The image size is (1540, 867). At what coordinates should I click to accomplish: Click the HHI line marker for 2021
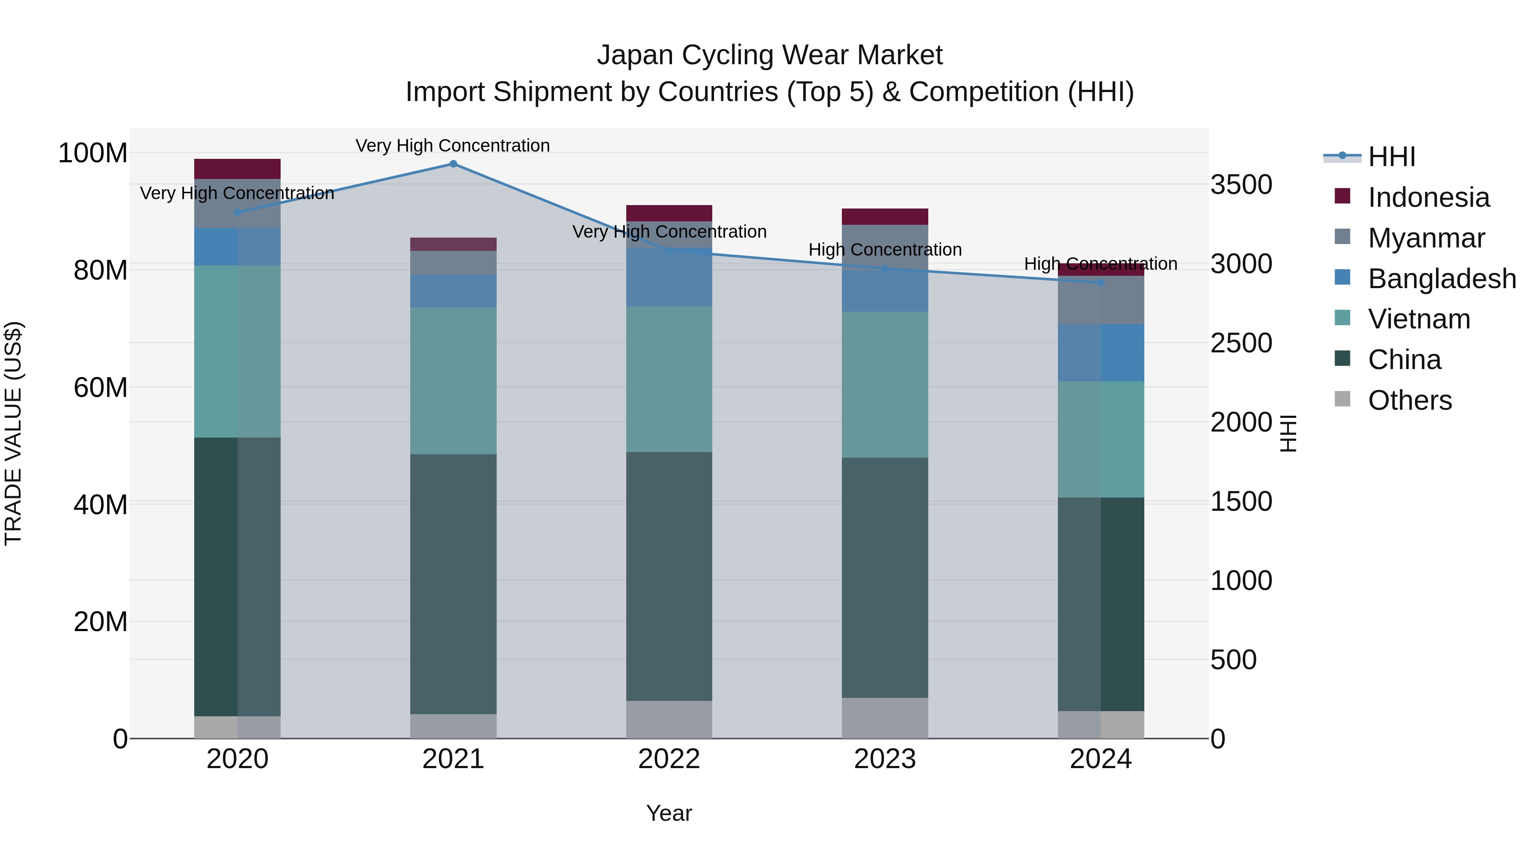453,164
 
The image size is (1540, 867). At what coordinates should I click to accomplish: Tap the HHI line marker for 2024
1101,283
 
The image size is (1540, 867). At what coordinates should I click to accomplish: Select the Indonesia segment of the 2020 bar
237,169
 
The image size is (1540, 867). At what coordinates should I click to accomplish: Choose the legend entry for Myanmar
1426,238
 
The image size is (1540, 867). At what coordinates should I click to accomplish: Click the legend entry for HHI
1391,157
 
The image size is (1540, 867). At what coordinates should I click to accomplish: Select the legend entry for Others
1409,400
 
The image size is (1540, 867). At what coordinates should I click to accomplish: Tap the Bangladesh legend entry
1441,279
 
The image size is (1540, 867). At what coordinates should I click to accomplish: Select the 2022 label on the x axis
669,759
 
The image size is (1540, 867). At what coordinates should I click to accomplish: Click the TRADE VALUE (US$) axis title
13,433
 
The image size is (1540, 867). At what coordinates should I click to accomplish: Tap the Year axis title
669,813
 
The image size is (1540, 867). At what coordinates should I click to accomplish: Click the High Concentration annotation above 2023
885,250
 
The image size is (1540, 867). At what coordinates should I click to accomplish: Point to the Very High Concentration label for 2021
453,146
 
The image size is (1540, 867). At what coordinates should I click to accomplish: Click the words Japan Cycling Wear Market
770,55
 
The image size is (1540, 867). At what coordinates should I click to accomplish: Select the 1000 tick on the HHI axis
1241,581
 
